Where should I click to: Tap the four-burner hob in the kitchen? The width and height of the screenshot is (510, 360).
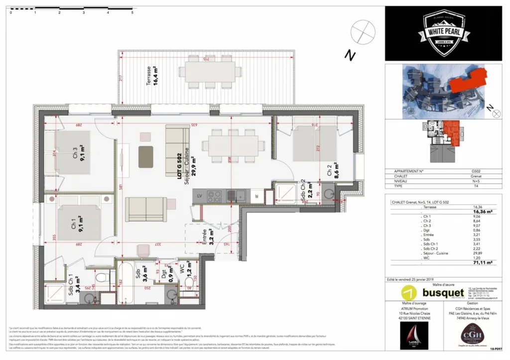(214, 195)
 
